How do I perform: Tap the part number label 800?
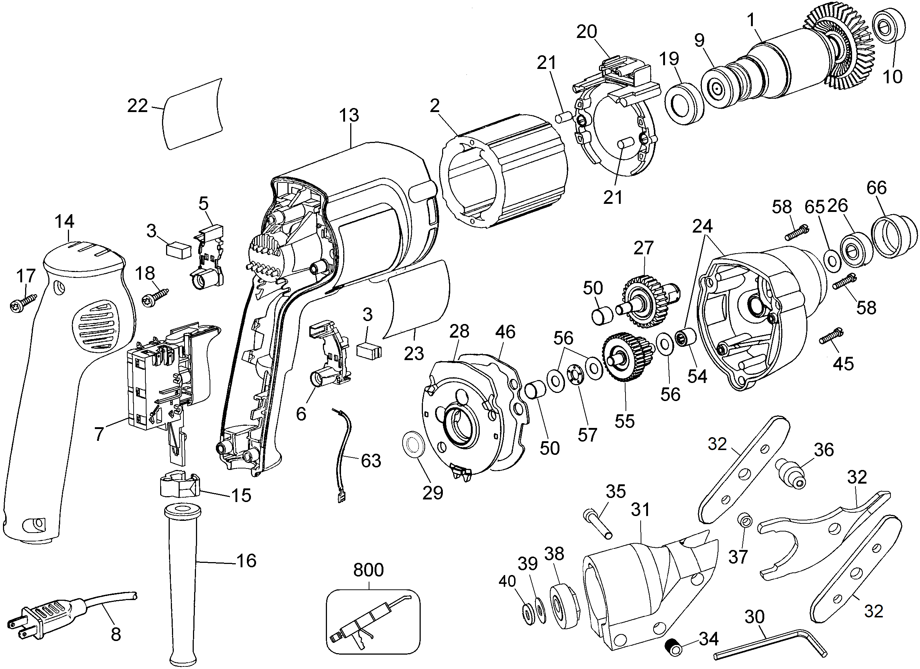pyautogui.click(x=368, y=570)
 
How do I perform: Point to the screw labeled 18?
pyautogui.click(x=155, y=296)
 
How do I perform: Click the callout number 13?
pyautogui.click(x=349, y=115)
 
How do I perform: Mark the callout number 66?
pyautogui.click(x=876, y=188)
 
